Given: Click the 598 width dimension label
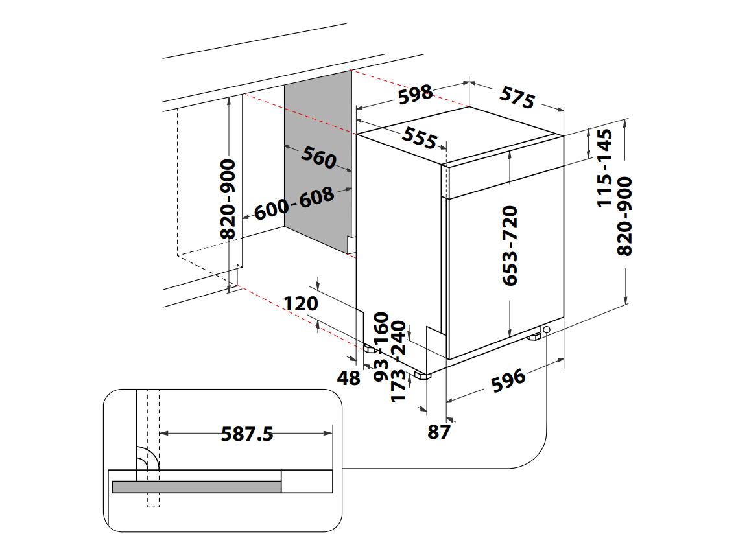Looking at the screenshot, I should [x=415, y=95].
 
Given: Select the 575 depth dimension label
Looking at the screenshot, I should [x=517, y=97].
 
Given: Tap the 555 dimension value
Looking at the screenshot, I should [x=420, y=137].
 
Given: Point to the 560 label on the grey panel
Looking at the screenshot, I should [x=318, y=157].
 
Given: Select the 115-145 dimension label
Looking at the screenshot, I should [x=604, y=168].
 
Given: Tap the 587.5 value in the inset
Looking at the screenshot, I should [x=247, y=434].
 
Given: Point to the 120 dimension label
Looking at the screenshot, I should [x=300, y=303].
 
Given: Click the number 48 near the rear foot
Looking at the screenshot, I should [x=349, y=378].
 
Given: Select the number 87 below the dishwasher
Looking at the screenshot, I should [x=439, y=432].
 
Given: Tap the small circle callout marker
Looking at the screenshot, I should [x=547, y=330].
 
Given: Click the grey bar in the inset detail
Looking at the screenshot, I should [x=196, y=487].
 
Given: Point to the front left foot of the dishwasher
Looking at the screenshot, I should [x=423, y=375].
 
